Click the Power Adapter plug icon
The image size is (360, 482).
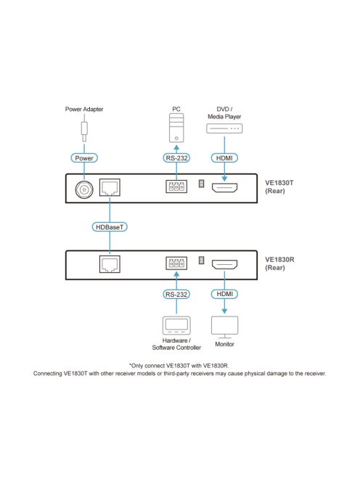pos(84,131)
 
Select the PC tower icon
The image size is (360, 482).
pos(176,128)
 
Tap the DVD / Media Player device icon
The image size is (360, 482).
pos(224,128)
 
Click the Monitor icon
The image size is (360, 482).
pos(225,327)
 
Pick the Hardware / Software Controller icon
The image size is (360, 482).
pos(176,325)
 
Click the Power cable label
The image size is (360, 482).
pos(84,158)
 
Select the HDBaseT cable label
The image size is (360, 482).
pos(110,227)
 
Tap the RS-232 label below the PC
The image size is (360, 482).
pos(176,158)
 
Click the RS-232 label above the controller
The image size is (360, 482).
pos(176,294)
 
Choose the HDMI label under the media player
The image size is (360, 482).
pos(224,158)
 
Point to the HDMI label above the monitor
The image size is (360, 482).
pos(224,294)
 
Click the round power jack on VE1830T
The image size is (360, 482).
pos(84,189)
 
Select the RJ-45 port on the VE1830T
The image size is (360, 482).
pos(110,187)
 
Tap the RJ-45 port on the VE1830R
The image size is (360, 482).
pos(110,264)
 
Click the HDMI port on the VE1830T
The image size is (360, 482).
pos(224,187)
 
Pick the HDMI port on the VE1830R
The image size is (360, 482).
pos(224,264)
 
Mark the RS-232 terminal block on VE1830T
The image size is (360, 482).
pos(176,187)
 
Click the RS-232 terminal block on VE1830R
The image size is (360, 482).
pos(176,263)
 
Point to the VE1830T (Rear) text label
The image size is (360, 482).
pos(279,187)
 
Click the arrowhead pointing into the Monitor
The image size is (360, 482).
pos(224,311)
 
